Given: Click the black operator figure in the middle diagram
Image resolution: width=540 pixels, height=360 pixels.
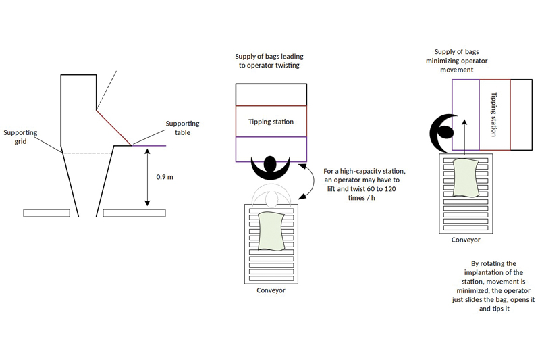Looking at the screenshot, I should coord(271,164).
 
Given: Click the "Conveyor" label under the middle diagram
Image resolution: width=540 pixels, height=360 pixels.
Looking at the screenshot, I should coord(271,291).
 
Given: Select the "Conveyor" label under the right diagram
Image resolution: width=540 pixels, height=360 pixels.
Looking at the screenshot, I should coord(466,240).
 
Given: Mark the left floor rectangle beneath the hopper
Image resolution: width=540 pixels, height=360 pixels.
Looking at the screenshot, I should coord(47,213).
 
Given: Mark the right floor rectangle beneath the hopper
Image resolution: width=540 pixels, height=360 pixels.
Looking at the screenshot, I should coord(134,213).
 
